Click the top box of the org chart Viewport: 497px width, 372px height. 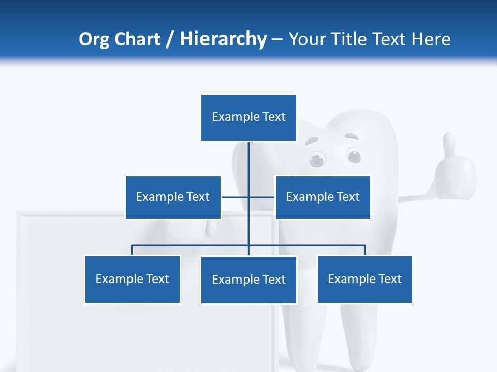(x=248, y=117)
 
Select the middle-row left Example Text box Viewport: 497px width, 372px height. (x=173, y=197)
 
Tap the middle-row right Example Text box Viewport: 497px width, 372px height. (x=323, y=197)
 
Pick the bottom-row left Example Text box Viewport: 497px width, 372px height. (x=132, y=279)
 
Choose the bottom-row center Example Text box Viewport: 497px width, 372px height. (x=248, y=280)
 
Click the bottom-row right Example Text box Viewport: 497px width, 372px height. (x=364, y=279)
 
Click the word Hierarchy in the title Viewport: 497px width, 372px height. (x=223, y=39)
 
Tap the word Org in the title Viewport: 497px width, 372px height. (x=93, y=39)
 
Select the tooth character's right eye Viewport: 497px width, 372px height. (x=354, y=155)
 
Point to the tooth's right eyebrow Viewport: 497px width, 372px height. (x=352, y=137)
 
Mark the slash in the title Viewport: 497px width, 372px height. (x=169, y=39)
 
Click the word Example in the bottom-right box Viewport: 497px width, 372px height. (x=347, y=279)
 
